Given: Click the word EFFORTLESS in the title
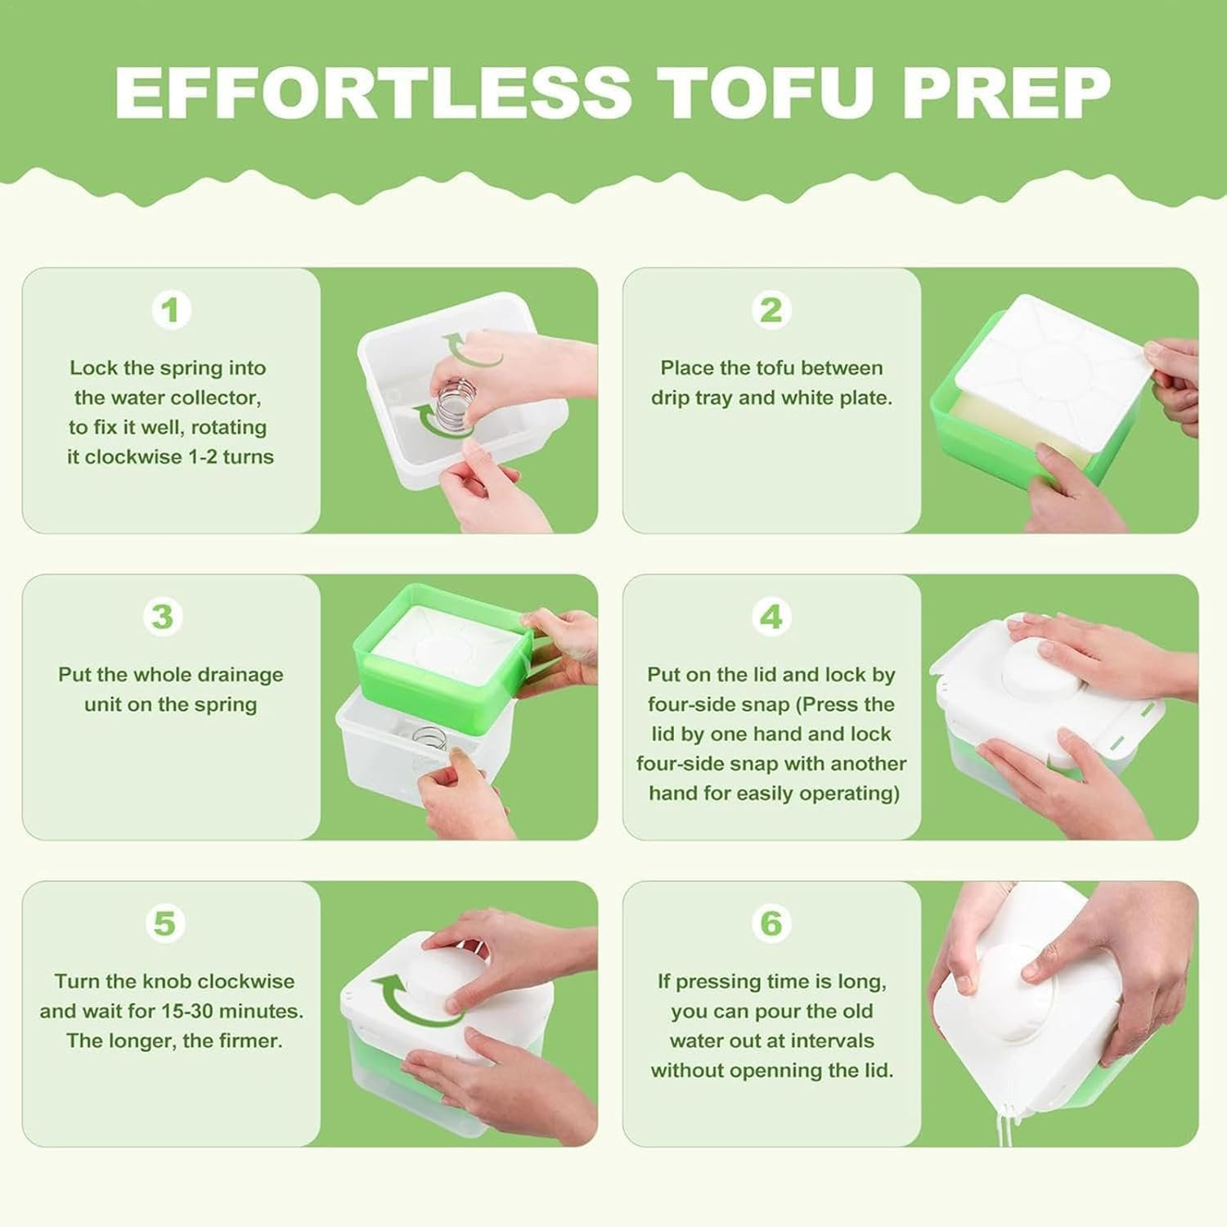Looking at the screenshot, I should pyautogui.click(x=373, y=92).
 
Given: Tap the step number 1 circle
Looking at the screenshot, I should pyautogui.click(x=171, y=311).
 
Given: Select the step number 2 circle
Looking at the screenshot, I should pyautogui.click(x=771, y=311).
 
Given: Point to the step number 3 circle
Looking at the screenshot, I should pyautogui.click(x=162, y=617).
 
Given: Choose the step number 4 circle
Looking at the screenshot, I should pyautogui.click(x=771, y=617).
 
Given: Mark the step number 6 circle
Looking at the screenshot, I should pyautogui.click(x=771, y=924).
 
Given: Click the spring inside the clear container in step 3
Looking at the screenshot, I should pyautogui.click(x=429, y=740).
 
